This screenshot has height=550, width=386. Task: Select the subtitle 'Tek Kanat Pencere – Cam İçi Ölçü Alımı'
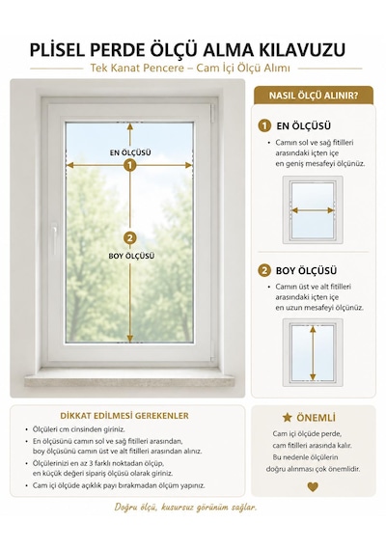(x=190, y=68)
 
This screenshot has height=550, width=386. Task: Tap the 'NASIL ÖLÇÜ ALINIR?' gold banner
(x=314, y=96)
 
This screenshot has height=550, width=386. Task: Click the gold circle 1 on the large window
(x=130, y=165)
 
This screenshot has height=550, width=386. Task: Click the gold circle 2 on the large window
(x=130, y=238)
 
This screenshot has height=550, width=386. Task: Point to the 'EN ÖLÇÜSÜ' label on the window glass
(x=130, y=152)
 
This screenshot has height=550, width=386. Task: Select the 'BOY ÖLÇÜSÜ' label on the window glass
(x=131, y=256)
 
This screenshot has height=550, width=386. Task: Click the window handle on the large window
(x=54, y=237)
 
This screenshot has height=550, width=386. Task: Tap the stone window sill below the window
(x=129, y=381)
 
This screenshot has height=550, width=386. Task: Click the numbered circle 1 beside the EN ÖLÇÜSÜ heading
(x=264, y=125)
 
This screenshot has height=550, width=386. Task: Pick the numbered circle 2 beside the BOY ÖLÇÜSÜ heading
(x=264, y=270)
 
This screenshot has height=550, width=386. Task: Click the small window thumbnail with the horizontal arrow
(x=313, y=210)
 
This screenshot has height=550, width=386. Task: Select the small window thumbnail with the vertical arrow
(x=313, y=352)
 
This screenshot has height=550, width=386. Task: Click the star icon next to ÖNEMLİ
(x=287, y=418)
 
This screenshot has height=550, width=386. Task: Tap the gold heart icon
(x=313, y=486)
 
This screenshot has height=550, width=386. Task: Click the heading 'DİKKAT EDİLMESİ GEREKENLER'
(x=124, y=416)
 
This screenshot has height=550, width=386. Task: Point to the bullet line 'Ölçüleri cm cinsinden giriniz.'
(x=78, y=429)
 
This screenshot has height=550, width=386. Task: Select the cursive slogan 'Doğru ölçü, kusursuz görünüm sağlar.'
(x=185, y=508)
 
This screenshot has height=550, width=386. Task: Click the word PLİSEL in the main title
(x=57, y=50)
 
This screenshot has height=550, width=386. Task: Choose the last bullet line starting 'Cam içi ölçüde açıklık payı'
(x=119, y=485)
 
